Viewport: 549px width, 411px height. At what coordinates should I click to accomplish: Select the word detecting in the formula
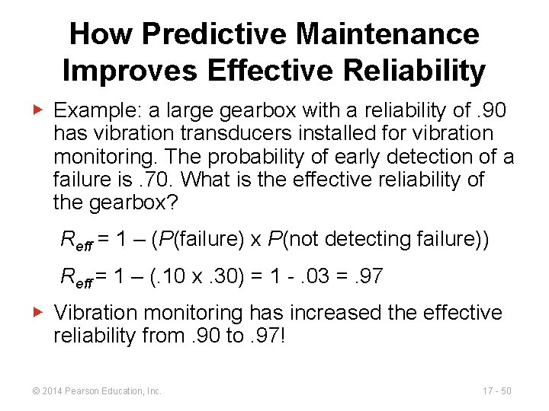363,240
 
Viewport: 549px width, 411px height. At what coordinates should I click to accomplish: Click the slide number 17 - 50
496,391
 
